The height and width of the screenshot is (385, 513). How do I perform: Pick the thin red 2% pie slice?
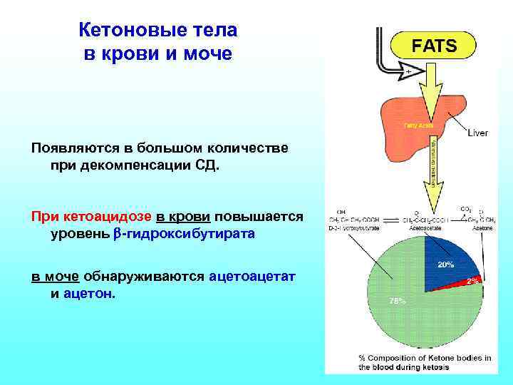tap(467, 284)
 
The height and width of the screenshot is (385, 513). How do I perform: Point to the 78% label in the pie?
tap(397, 300)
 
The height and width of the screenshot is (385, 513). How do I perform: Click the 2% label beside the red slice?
tap(473, 281)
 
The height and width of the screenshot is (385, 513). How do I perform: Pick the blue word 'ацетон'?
tap(87, 294)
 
